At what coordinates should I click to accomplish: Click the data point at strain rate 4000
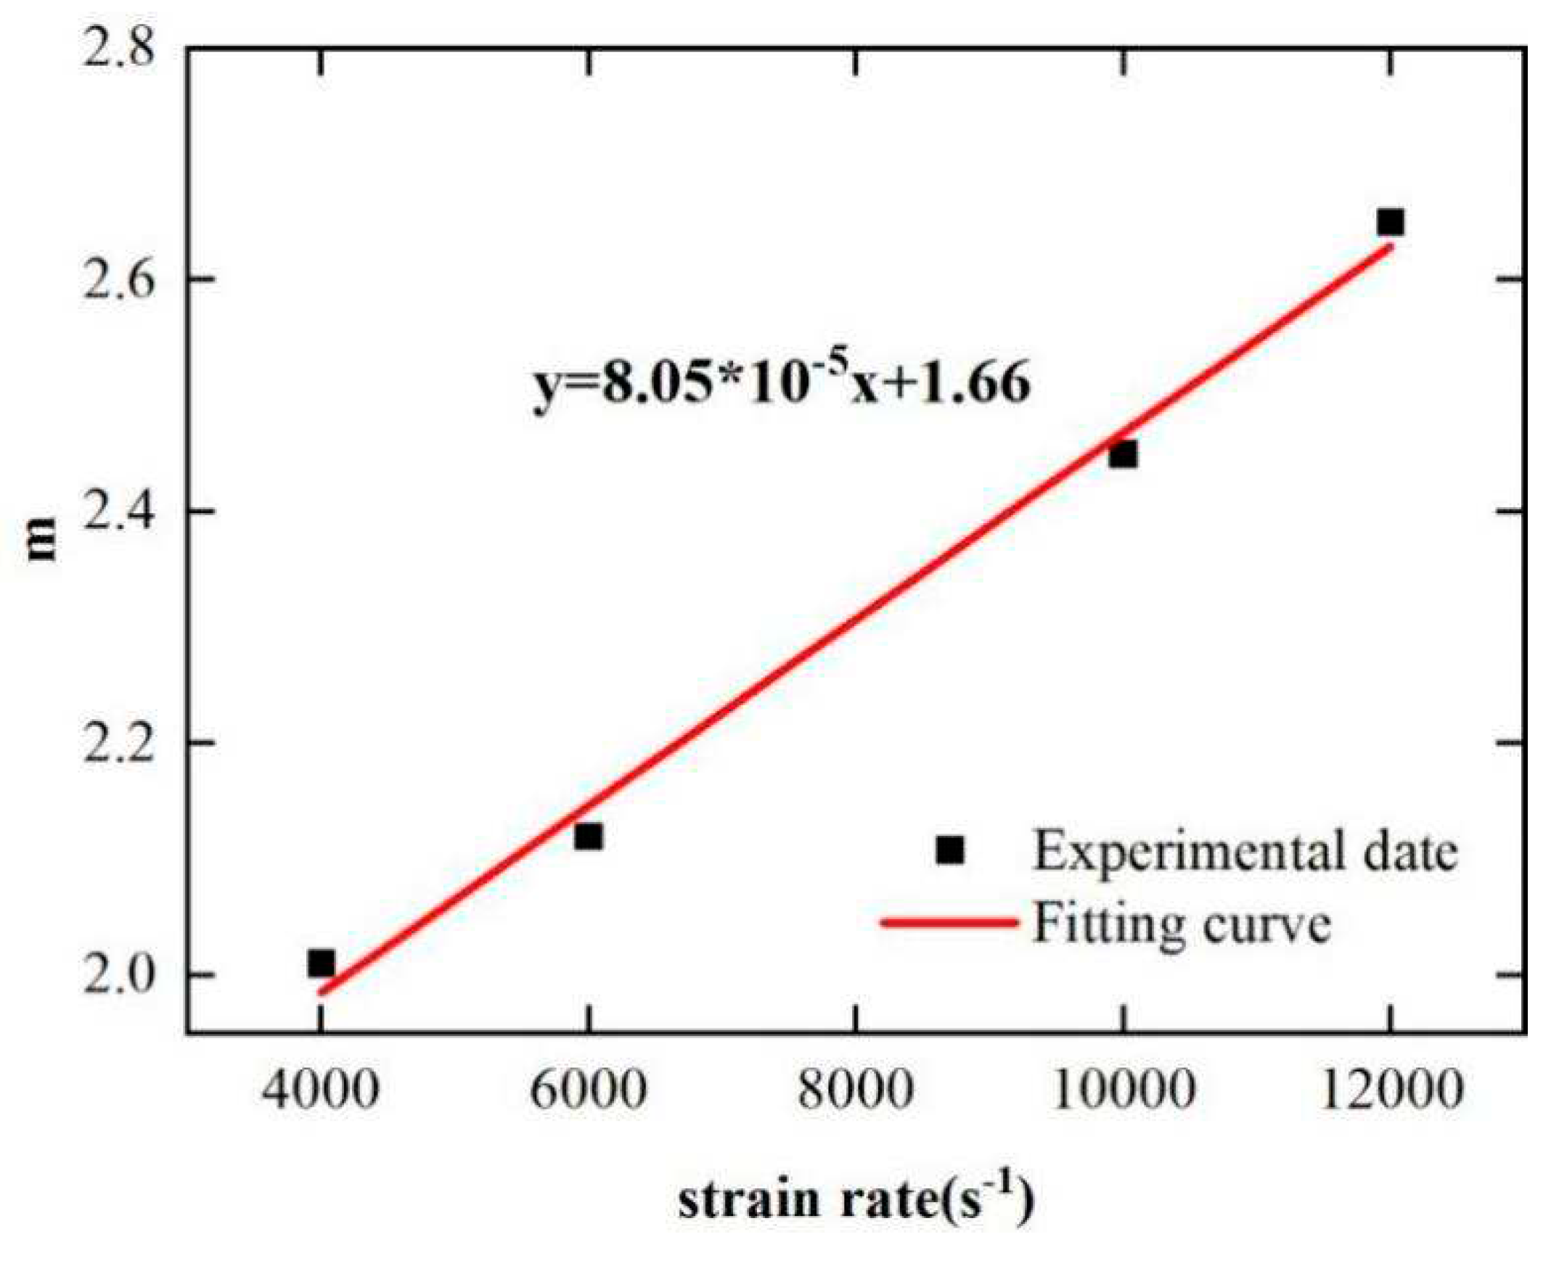pos(321,964)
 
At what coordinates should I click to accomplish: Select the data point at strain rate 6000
pos(588,837)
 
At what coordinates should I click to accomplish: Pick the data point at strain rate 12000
pos(1390,223)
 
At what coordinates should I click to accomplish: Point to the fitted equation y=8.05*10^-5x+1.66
pos(782,384)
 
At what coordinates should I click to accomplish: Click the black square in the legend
pos(950,850)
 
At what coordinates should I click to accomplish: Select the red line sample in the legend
pos(949,923)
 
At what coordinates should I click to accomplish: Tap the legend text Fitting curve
pos(1182,924)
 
